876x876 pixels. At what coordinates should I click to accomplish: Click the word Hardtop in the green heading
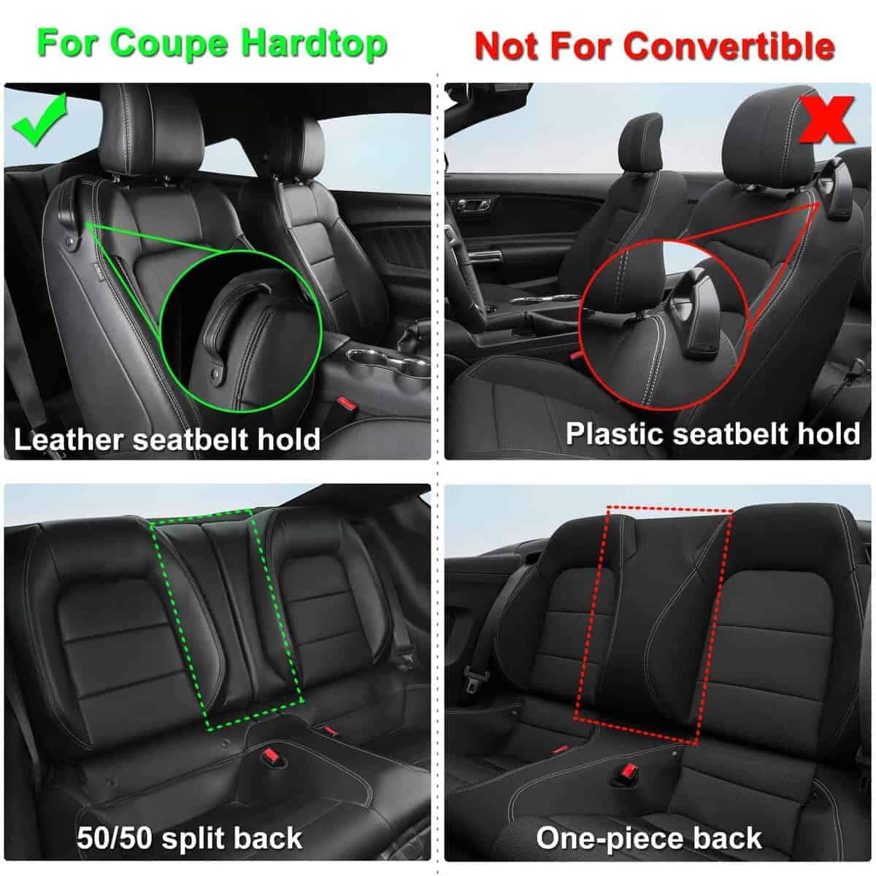tap(315, 44)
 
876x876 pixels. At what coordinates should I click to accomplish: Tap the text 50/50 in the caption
tap(113, 837)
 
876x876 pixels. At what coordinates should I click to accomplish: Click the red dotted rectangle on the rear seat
tap(652, 624)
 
